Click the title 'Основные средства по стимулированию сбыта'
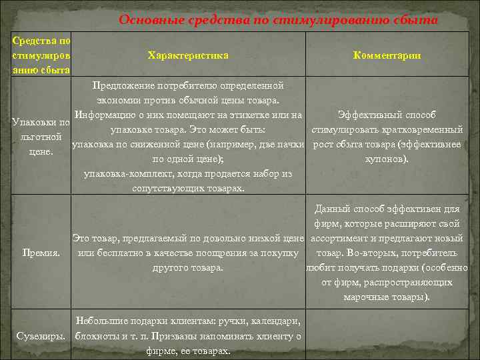pyautogui.click(x=278, y=19)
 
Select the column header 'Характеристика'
pyautogui.click(x=188, y=55)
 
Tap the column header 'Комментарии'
pyautogui.click(x=387, y=55)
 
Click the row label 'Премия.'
pyautogui.click(x=41, y=253)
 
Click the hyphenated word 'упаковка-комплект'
pyautogui.click(x=124, y=174)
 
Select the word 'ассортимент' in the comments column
pyautogui.click(x=339, y=238)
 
